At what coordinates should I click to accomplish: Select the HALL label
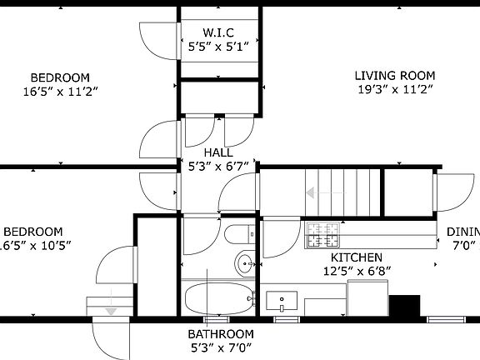point(218,152)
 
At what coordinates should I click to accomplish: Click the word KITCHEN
point(357,258)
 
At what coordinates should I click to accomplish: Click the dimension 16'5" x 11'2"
point(57,91)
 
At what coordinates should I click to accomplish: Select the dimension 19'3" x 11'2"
point(396,89)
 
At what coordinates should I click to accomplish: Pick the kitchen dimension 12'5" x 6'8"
point(358,271)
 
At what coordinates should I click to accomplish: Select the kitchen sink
point(285,300)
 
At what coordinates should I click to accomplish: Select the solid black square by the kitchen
point(406,307)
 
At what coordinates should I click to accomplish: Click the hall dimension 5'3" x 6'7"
point(218,165)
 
